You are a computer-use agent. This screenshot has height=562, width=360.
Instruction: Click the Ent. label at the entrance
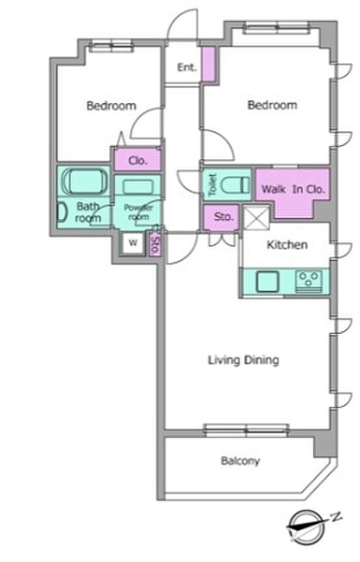point(187,67)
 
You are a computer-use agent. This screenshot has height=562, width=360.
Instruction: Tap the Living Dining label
point(243,360)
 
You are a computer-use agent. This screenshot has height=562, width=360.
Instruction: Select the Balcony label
point(240,461)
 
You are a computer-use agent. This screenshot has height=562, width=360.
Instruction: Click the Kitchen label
point(287,244)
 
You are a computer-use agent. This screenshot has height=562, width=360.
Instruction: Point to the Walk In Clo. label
point(293,189)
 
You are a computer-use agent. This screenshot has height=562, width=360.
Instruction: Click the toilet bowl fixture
point(235,185)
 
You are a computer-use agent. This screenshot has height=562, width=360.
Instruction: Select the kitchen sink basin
point(267,282)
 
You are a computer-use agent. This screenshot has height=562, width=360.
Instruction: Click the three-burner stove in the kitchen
point(308,281)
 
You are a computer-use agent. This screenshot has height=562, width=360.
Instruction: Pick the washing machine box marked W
point(133,243)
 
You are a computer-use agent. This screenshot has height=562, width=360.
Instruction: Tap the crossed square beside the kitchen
point(256,218)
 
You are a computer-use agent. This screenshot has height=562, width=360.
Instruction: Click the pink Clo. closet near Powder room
point(138,160)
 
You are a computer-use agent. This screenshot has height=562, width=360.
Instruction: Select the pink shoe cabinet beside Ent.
point(207,64)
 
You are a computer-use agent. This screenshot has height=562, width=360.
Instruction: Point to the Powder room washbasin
point(138,187)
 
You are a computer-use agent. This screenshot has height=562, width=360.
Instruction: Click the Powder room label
point(138,212)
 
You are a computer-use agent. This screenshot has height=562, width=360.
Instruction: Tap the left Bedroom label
point(112,106)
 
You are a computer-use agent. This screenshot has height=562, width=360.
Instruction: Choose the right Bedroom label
point(273,105)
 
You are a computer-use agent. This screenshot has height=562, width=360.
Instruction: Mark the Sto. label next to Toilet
point(224,217)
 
